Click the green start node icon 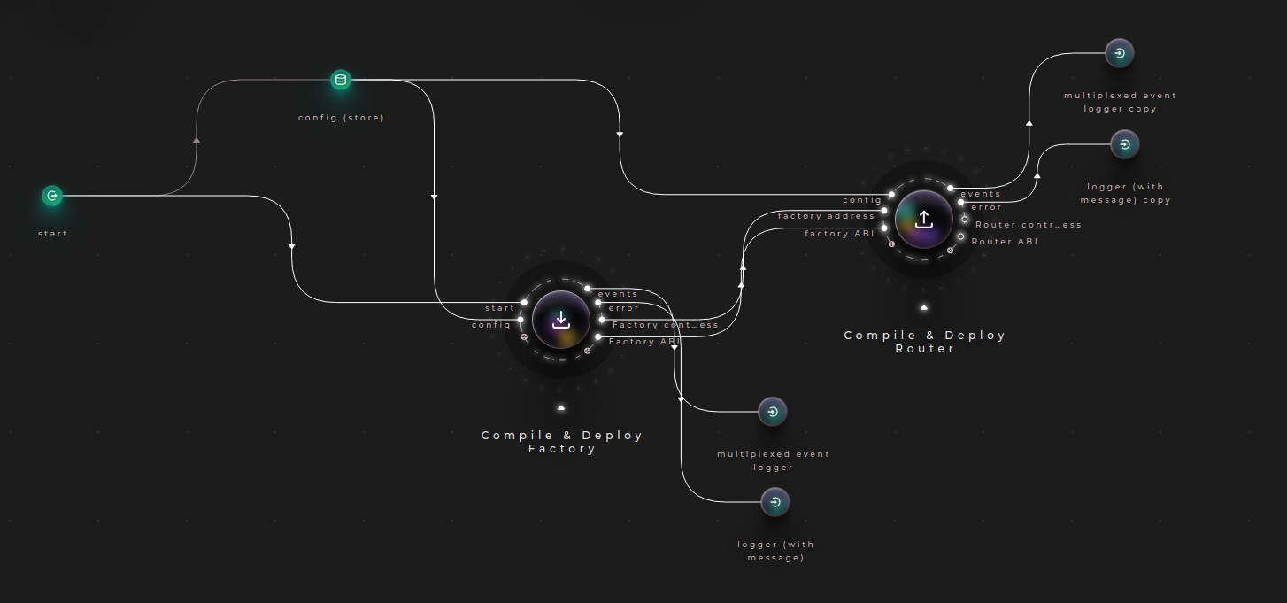point(52,196)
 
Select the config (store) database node point(341,81)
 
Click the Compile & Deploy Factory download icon point(561,320)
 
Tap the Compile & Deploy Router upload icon point(924,219)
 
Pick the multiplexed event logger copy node point(1120,53)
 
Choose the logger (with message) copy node point(1124,144)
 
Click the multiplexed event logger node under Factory point(773,412)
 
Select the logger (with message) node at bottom point(775,502)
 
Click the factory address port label point(826,216)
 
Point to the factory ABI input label point(839,234)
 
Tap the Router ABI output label point(1005,242)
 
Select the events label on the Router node point(980,194)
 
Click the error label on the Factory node point(623,308)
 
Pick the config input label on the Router point(862,200)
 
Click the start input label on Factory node point(499,308)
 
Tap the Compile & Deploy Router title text point(924,342)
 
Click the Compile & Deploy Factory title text point(562,442)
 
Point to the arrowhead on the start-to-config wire point(197,139)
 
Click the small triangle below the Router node point(924,308)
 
